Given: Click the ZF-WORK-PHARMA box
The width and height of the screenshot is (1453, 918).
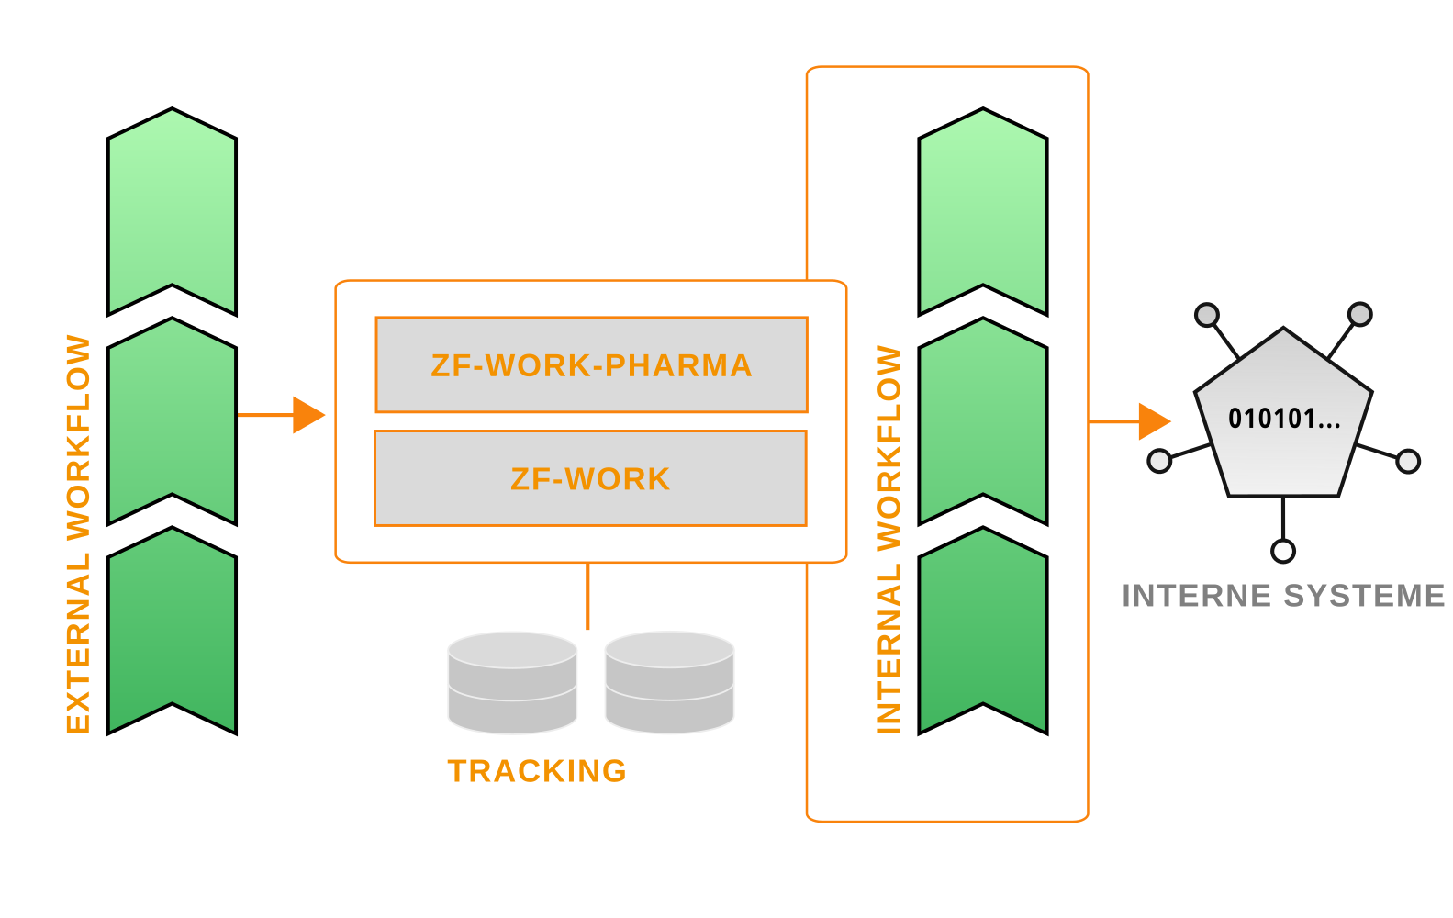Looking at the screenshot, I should click(x=591, y=365).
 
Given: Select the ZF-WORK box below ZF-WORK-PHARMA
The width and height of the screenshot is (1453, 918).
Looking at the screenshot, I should click(x=590, y=478).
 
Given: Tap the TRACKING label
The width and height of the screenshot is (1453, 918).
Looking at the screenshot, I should click(x=537, y=771).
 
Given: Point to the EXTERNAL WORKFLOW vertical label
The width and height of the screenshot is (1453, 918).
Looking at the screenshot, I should click(x=79, y=534).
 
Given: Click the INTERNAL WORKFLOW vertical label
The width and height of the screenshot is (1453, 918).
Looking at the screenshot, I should click(x=889, y=540).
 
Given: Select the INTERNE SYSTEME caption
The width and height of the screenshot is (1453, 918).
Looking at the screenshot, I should click(x=1283, y=596).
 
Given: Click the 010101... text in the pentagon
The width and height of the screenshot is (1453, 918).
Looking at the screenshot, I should click(x=1284, y=420).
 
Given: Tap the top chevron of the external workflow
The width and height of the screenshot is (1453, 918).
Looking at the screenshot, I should click(x=172, y=212).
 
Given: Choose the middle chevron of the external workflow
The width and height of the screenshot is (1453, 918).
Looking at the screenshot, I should click(x=172, y=421).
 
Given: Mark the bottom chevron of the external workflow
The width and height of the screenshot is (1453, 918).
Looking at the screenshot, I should click(x=172, y=631).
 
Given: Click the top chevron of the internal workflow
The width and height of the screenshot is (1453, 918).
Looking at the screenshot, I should click(x=983, y=212).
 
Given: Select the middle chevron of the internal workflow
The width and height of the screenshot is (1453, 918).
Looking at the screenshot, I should click(x=983, y=421).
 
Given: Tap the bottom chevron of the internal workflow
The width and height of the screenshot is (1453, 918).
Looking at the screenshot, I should click(x=983, y=631).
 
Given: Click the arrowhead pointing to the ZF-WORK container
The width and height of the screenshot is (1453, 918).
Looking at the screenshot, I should click(x=308, y=415).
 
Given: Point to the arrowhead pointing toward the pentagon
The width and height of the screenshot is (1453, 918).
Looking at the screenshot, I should click(x=1154, y=421).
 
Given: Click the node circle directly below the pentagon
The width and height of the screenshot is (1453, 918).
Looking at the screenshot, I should click(x=1283, y=551).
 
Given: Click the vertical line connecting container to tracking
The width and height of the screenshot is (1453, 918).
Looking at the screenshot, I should click(x=587, y=596).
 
